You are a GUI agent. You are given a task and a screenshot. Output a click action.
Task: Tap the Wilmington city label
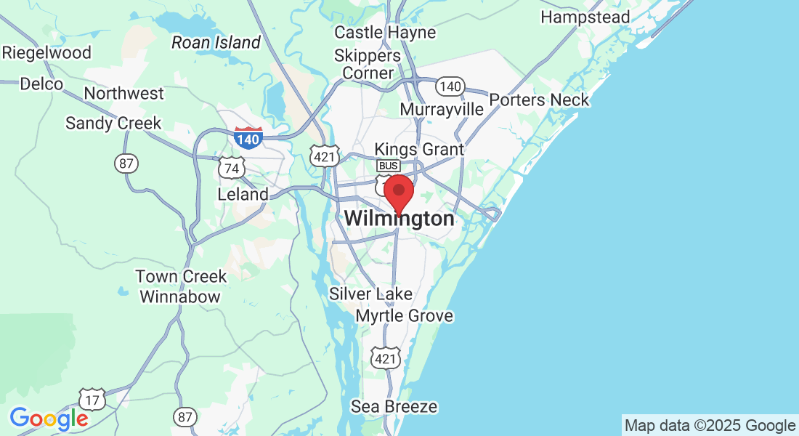(x=399, y=218)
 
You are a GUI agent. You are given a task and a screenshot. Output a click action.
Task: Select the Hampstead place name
(x=585, y=16)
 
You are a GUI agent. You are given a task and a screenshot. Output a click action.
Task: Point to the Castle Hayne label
(x=385, y=32)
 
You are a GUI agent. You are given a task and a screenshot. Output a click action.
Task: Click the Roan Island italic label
(x=215, y=43)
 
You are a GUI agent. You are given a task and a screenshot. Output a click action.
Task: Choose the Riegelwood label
(x=47, y=52)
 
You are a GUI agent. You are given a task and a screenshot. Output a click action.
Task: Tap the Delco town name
(x=41, y=84)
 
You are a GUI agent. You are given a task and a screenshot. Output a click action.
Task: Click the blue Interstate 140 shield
(x=248, y=137)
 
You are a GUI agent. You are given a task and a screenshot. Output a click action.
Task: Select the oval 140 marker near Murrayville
(x=450, y=86)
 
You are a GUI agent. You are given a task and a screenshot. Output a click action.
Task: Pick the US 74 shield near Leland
(x=232, y=168)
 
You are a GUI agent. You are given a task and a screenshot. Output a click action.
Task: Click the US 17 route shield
(x=93, y=398)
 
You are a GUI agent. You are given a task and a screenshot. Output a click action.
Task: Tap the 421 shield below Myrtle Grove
(x=385, y=357)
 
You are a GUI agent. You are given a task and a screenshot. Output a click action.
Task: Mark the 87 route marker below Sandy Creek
(x=126, y=163)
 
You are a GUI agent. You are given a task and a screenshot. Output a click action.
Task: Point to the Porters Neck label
(x=539, y=100)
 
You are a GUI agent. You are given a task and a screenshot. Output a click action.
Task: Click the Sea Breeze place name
(x=394, y=406)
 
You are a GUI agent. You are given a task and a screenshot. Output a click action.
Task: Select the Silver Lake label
(x=370, y=294)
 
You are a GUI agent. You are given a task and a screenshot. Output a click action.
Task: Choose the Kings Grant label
(x=418, y=149)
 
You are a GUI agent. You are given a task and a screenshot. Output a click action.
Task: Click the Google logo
(x=49, y=419)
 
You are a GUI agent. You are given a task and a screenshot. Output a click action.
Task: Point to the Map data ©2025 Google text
(x=710, y=425)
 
